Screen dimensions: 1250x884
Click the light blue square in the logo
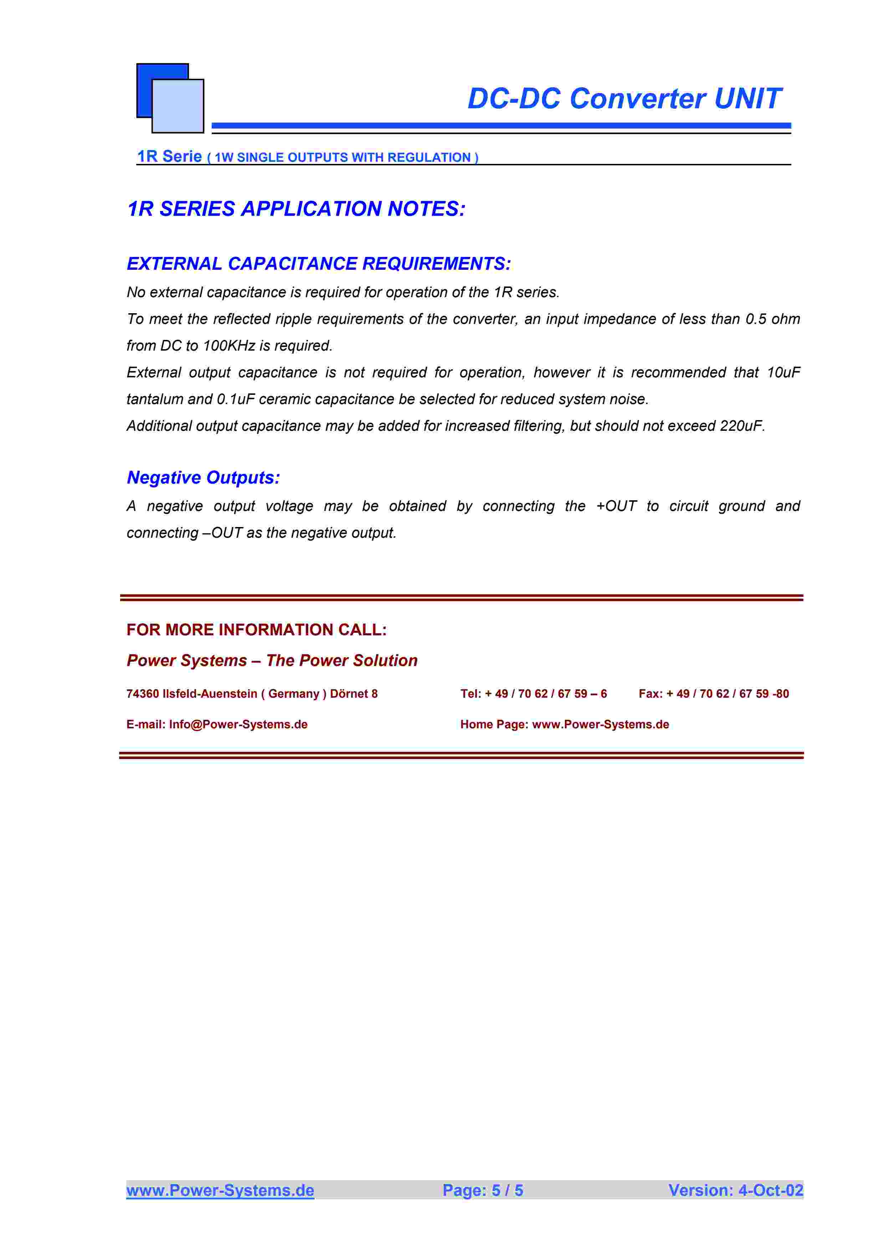tap(178, 107)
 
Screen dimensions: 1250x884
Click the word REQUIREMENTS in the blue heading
tap(436, 264)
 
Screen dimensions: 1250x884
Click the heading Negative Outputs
tap(203, 477)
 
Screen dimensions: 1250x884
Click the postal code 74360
tap(143, 694)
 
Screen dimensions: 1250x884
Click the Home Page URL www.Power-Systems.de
tap(600, 725)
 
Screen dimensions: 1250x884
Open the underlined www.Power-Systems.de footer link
tap(220, 1190)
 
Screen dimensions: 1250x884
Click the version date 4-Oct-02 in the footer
tap(770, 1190)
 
